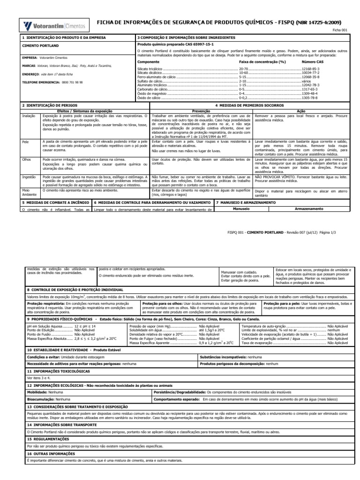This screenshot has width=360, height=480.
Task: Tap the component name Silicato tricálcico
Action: pyautogui.click(x=150, y=69)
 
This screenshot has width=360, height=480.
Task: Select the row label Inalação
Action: pyautogui.click(x=29, y=115)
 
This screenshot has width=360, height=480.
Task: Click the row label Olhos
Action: pyautogui.click(x=27, y=159)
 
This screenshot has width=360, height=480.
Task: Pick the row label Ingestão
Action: pyautogui.click(x=29, y=177)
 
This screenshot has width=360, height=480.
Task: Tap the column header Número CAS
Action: pyautogui.click(x=313, y=62)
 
